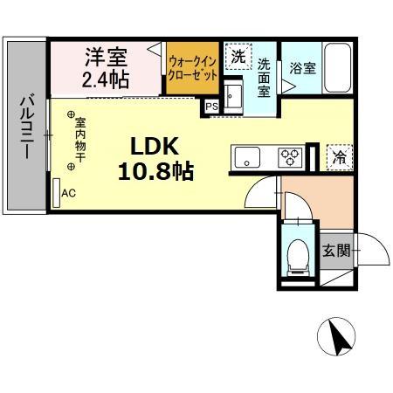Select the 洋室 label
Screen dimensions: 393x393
[x=106, y=59]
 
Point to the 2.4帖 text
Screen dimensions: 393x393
[x=106, y=80]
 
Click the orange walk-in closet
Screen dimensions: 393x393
[x=193, y=68]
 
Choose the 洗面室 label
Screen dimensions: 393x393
[x=265, y=76]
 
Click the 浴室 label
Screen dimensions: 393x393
[x=302, y=67]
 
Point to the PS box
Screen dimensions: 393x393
[x=211, y=107]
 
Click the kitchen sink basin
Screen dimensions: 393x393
[x=247, y=159]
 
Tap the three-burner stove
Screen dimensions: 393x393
[x=291, y=158]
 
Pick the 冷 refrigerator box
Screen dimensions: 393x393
[x=338, y=157]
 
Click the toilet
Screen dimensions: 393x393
[x=298, y=254]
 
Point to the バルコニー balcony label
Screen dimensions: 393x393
[x=26, y=128]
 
